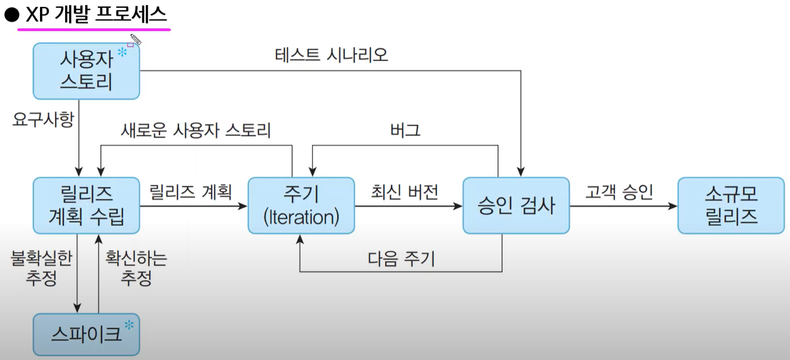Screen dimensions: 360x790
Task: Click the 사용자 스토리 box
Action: coord(86,71)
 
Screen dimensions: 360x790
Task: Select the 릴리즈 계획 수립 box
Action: coord(86,205)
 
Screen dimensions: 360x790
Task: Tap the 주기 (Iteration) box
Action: coord(301,205)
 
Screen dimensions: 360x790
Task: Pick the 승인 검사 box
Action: coord(516,205)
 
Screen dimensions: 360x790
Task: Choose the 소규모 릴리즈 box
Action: coord(731,205)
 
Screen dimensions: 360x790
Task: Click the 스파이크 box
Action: coord(86,334)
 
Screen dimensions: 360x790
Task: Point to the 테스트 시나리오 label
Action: coord(331,55)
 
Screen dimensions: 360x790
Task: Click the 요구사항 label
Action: coord(43,120)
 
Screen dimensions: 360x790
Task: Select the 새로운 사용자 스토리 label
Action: coord(196,130)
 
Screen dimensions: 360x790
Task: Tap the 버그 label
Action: coord(405,130)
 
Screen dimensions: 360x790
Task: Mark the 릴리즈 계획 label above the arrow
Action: coord(190,192)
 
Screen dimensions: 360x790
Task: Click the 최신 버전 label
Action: coord(404,192)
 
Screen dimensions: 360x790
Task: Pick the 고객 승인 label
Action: coord(619,192)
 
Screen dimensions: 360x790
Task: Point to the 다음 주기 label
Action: coord(401,259)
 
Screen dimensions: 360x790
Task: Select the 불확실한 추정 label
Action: coord(41,267)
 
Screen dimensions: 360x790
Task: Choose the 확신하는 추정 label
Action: coord(136,267)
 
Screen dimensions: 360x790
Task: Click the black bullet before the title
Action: coord(12,15)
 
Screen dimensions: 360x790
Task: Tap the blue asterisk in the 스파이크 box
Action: coord(129,325)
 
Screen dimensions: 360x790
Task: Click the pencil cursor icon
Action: coord(135,40)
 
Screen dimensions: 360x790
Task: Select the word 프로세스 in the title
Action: coord(131,14)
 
